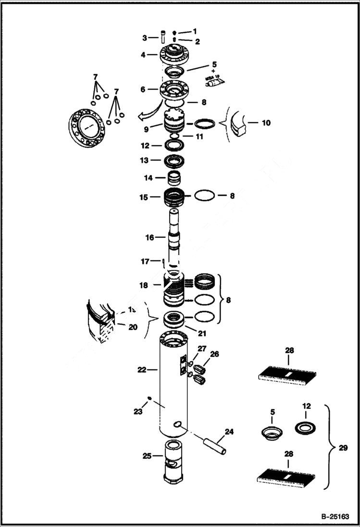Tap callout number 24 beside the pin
[x=229, y=432]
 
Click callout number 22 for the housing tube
[x=141, y=369]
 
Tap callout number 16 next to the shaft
[x=149, y=237]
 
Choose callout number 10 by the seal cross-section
[x=265, y=123]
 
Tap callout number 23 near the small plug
[x=138, y=411]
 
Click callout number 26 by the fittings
[x=214, y=355]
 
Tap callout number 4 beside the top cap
[x=143, y=55]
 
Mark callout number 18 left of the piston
[x=143, y=285]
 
